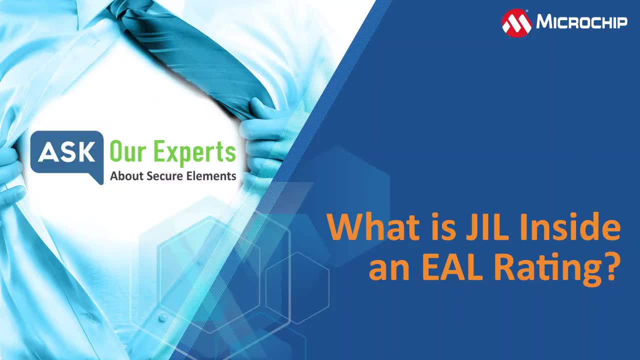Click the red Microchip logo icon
pos(516,23)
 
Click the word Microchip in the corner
pos(581,21)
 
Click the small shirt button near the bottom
pos(163,317)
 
